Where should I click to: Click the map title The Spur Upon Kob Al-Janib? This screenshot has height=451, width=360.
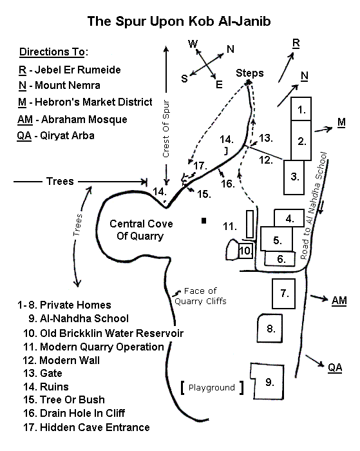tap(179, 21)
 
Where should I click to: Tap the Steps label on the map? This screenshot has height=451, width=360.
tap(250, 73)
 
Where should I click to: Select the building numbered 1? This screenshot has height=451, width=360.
tap(301, 109)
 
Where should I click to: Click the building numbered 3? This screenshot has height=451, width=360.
tap(294, 177)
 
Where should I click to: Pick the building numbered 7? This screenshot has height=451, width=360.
tap(283, 293)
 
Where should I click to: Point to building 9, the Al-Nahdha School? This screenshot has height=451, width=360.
tap(269, 381)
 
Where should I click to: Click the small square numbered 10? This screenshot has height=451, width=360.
tap(245, 251)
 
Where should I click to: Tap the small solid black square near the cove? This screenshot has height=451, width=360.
tap(204, 220)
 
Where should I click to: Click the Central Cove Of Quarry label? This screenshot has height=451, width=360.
tap(141, 230)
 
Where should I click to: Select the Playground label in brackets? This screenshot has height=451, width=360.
tap(212, 387)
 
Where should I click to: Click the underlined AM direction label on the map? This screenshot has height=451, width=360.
tap(339, 301)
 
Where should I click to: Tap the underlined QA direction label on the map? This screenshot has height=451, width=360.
tap(335, 368)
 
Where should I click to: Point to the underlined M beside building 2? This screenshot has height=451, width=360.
tap(341, 122)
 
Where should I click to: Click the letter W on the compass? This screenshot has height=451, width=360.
tap(193, 44)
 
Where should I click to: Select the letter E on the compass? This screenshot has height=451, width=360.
tap(219, 84)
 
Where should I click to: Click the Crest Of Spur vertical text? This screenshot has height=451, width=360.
tap(166, 129)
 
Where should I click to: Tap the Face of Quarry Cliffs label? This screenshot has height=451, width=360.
tap(200, 296)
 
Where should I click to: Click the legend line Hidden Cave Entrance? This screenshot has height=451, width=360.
tap(86, 427)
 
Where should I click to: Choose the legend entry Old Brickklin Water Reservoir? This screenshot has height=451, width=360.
tap(104, 333)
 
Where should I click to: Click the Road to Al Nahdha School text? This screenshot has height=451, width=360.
tap(314, 206)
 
